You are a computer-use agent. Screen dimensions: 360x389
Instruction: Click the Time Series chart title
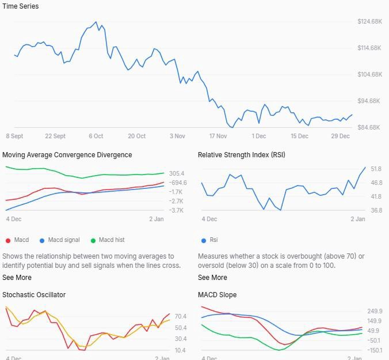click(21, 6)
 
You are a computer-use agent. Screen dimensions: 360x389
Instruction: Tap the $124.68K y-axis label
click(369, 21)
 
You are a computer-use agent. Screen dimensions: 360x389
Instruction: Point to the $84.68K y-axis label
click(369, 127)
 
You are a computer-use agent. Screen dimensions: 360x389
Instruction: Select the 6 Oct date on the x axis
click(96, 137)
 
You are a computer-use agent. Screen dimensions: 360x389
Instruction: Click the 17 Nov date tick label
click(218, 137)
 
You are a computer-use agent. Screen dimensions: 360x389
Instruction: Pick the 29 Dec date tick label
click(341, 137)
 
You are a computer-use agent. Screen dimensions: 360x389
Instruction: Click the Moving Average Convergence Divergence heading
click(67, 155)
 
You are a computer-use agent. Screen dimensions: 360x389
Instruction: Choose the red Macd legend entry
click(17, 240)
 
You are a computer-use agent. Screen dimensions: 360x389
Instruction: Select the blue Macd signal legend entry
click(60, 240)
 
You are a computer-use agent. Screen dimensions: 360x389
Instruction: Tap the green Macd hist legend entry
click(108, 240)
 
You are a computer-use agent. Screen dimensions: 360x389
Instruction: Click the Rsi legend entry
click(209, 240)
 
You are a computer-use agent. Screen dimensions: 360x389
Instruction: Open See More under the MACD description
click(17, 278)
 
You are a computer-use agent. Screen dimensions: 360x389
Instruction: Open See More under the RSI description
click(212, 278)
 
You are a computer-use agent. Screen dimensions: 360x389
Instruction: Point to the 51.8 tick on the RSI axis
click(360, 169)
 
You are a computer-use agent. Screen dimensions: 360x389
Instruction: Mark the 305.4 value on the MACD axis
click(177, 173)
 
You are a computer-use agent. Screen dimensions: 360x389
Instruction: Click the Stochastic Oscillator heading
click(34, 295)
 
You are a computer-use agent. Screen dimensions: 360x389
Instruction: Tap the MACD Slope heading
click(217, 295)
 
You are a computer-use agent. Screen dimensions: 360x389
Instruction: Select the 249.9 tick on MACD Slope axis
click(375, 311)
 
